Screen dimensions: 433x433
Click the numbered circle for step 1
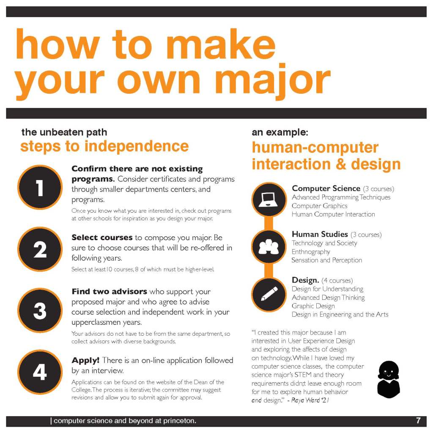point(40,187)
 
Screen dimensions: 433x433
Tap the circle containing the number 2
point(40,249)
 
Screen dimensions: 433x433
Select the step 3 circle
point(40,310)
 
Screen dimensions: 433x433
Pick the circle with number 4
point(40,372)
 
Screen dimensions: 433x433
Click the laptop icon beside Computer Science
point(269,200)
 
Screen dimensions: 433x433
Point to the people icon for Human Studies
point(269,247)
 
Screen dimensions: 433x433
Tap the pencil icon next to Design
point(269,294)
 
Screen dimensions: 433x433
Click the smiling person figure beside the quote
point(389,379)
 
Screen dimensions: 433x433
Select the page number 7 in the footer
point(418,420)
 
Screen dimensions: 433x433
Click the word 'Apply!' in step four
point(85,360)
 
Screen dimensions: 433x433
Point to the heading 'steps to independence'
point(104,146)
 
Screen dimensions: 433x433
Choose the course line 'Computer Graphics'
point(320,206)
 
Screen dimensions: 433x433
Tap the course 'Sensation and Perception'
point(327,260)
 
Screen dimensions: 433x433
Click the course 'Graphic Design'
point(313,306)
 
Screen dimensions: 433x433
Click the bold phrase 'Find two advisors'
point(109,291)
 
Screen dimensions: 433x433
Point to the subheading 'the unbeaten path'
point(64,132)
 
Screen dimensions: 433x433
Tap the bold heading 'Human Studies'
point(320,234)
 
